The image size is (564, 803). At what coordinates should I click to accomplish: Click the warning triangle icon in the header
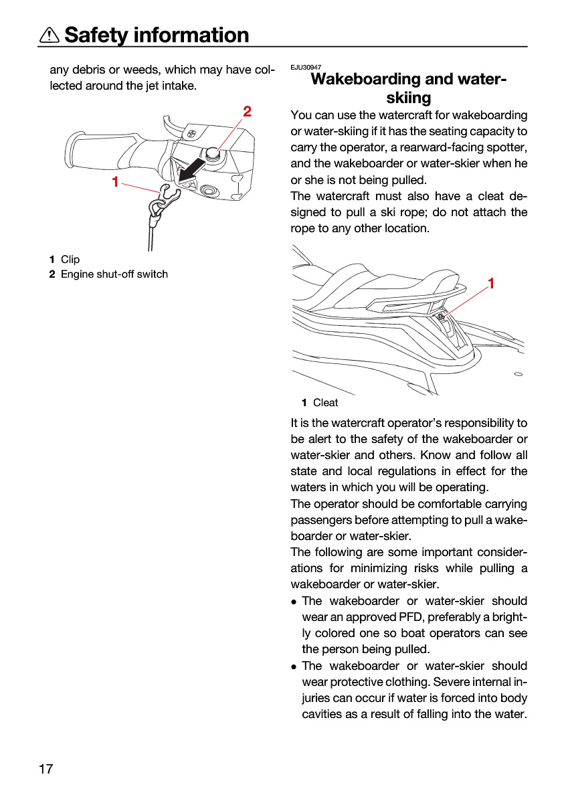[49, 35]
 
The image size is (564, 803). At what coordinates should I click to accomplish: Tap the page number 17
[45, 769]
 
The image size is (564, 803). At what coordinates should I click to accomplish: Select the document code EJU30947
[306, 67]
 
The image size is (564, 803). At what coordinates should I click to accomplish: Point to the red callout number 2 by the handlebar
[247, 112]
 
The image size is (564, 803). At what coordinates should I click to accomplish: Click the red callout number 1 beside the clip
[115, 182]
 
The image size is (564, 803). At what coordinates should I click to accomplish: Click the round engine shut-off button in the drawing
[213, 153]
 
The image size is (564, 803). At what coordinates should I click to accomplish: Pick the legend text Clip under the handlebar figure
[70, 259]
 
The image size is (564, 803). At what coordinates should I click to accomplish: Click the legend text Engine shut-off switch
[114, 274]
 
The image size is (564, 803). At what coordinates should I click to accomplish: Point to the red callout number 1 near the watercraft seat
[491, 283]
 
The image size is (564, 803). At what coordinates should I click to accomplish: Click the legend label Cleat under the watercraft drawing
[325, 403]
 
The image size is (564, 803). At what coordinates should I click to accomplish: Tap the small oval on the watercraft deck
[518, 374]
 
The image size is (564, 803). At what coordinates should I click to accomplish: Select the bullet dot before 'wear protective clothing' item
[294, 667]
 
